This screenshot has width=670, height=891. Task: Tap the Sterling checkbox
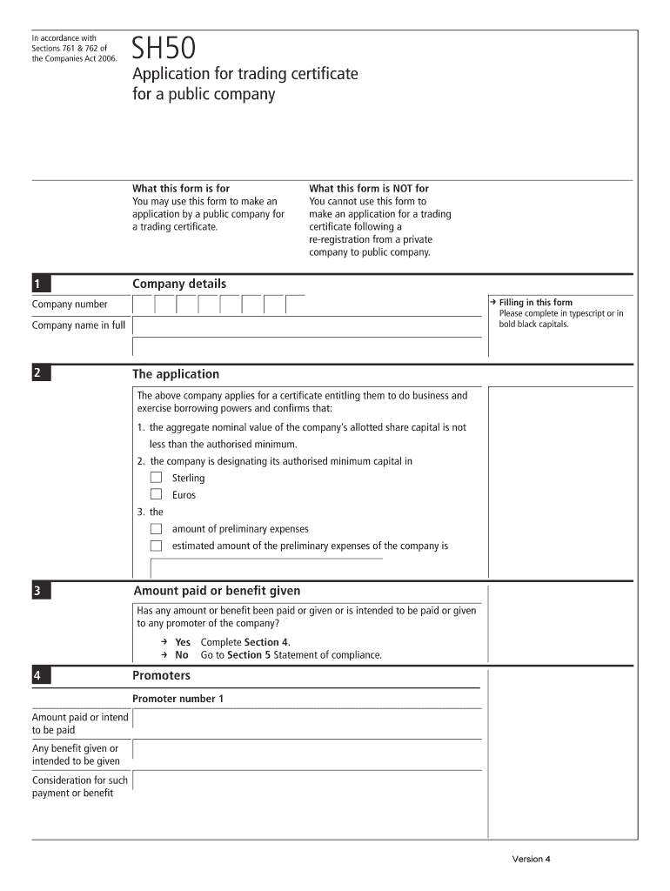tap(156, 477)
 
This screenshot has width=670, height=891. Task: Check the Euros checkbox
tap(156, 494)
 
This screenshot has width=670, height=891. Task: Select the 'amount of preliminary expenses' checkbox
tap(156, 528)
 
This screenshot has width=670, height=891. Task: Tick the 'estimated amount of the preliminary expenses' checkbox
tap(156, 546)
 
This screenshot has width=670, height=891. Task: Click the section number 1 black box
tap(41, 284)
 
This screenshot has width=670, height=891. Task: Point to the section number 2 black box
tap(41, 374)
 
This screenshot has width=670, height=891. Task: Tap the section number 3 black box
tap(41, 592)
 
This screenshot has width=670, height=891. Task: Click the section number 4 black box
tap(41, 676)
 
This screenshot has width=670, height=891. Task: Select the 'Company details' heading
tap(178, 284)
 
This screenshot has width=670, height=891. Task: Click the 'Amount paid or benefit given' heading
tap(217, 591)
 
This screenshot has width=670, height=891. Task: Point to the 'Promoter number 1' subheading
tap(178, 699)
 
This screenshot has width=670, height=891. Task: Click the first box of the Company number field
tap(143, 305)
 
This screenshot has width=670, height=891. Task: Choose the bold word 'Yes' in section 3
tap(183, 642)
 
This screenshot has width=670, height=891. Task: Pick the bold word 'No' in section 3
tap(181, 655)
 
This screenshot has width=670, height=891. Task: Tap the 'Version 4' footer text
tap(531, 860)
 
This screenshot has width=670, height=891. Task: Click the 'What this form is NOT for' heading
tap(369, 188)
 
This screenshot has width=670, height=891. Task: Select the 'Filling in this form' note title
tap(535, 303)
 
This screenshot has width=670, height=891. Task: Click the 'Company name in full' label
tap(78, 325)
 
